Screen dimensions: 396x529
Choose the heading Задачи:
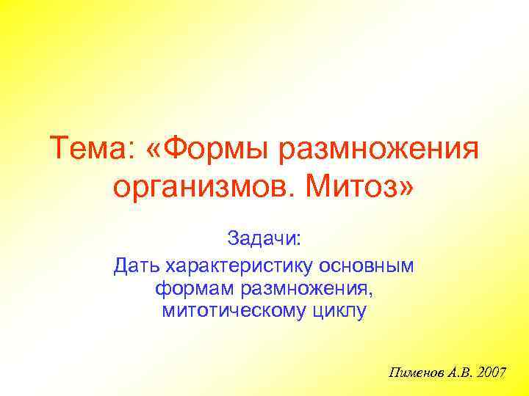[x=264, y=239]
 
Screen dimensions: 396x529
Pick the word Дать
[x=137, y=265]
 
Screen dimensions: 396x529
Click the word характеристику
[x=243, y=265]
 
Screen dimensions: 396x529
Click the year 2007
[x=492, y=373]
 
